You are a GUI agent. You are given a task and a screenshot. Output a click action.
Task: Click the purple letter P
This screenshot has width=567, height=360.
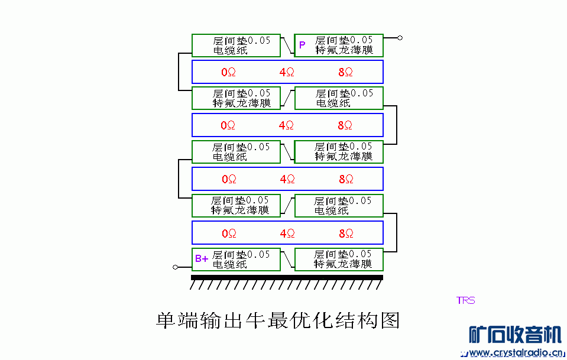(302, 45)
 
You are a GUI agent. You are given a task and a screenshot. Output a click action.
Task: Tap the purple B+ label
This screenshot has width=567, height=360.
(202, 259)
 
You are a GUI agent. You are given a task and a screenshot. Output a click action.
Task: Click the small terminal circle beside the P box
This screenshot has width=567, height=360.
(400, 38)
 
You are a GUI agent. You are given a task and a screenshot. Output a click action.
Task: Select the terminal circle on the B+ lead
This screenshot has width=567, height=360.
(175, 267)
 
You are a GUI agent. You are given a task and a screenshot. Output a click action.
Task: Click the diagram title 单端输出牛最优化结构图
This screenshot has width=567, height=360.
(277, 320)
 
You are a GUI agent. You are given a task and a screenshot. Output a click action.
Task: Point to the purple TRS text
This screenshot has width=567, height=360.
(465, 300)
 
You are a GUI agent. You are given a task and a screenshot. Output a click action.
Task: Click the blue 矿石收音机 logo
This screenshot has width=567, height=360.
(514, 335)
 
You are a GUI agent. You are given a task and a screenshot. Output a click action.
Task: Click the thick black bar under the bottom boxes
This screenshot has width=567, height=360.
(287, 277)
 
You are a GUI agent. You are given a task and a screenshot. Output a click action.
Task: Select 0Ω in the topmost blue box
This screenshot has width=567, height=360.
(228, 72)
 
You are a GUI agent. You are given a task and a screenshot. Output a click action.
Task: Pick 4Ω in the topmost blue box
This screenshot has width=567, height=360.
(287, 72)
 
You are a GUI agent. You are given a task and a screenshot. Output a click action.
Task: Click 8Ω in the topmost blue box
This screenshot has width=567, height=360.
(345, 72)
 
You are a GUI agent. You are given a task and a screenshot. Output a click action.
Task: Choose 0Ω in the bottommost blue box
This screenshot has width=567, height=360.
(229, 233)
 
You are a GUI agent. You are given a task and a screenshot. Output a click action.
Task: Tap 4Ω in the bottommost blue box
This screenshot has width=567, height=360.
(287, 233)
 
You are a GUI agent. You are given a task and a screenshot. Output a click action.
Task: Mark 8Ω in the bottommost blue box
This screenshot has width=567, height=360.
(346, 233)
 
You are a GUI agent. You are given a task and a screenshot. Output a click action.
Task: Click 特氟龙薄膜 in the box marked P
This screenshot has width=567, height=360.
(344, 50)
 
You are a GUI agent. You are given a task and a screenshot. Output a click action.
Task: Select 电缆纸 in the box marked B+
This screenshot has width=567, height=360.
(231, 264)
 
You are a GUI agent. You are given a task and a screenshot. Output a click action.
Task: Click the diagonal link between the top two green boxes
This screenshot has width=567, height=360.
(287, 45)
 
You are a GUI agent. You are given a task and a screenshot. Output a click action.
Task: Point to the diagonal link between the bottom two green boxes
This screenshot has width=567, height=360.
(287, 259)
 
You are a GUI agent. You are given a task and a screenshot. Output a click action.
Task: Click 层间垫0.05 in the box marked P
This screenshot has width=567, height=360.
(344, 40)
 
